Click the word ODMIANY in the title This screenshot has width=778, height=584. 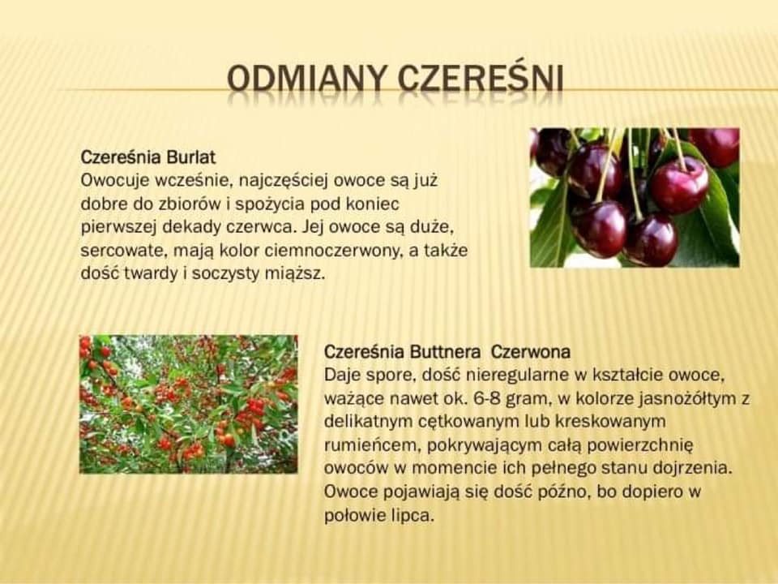(x=308, y=79)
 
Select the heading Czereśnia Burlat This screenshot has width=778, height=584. (x=147, y=157)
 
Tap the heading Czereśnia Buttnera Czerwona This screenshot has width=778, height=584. (x=447, y=351)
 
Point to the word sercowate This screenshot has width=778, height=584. (x=124, y=251)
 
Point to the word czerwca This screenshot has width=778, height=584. (x=263, y=227)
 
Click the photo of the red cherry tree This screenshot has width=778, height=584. (x=189, y=404)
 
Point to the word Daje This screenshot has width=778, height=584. (x=342, y=376)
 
